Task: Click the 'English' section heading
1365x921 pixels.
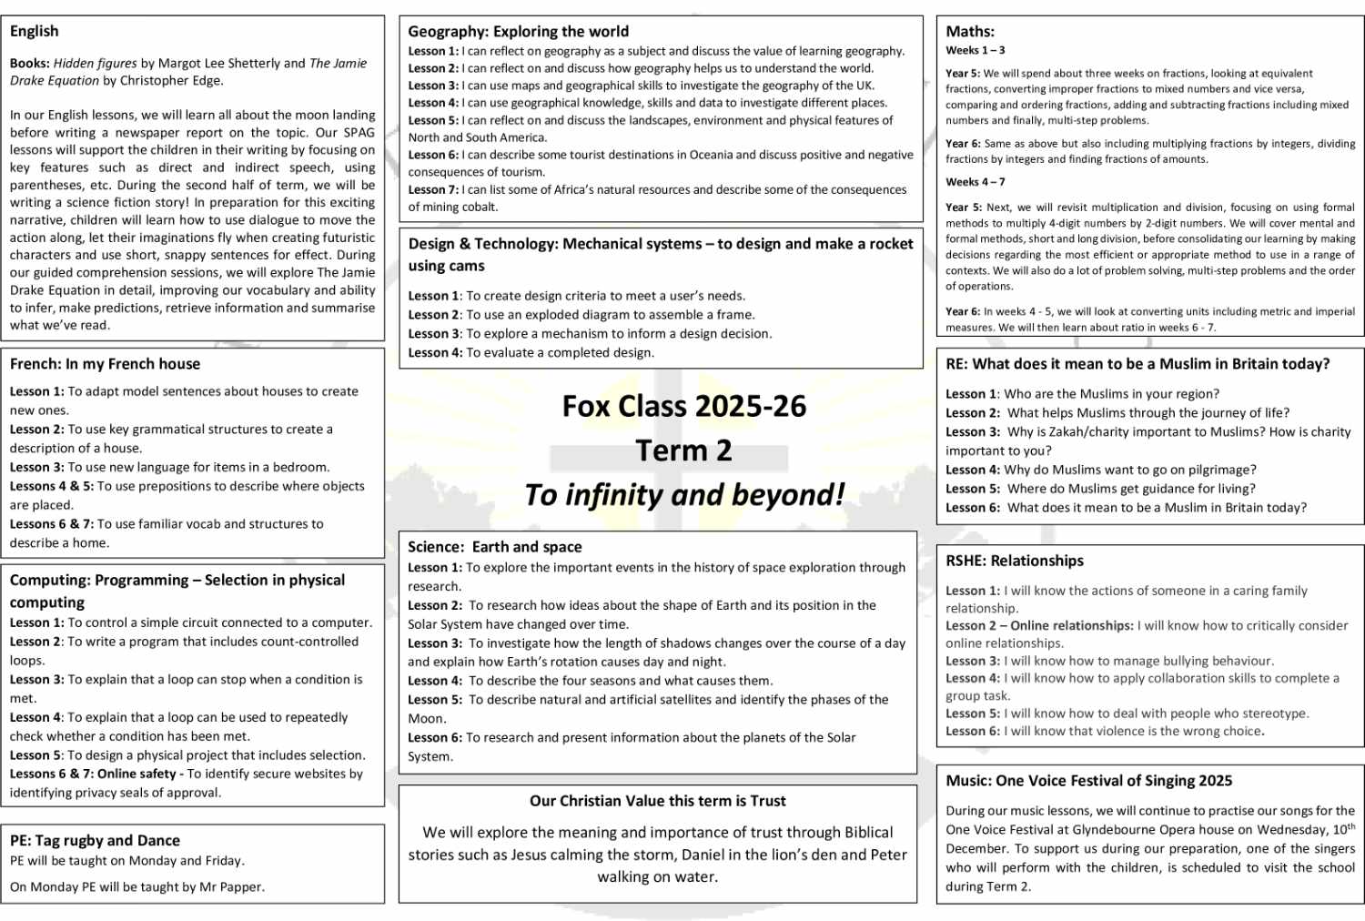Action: (x=35, y=31)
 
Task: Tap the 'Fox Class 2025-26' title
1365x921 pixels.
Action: (x=683, y=406)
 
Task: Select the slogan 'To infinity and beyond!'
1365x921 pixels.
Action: (x=683, y=495)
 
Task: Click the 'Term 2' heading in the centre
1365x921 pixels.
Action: (x=683, y=450)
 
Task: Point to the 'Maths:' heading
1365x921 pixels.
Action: (x=970, y=31)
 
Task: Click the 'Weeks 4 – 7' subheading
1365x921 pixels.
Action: (x=976, y=182)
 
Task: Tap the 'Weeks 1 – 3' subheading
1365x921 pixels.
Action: (x=976, y=51)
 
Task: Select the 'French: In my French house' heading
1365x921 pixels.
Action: (x=105, y=364)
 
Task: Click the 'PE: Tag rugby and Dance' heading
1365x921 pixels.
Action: (x=95, y=841)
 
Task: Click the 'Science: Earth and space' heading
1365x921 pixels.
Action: (x=494, y=547)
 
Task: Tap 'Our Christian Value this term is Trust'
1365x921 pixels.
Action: (x=657, y=801)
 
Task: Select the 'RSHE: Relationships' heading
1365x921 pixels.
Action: (x=1015, y=561)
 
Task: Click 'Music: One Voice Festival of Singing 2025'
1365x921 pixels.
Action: (x=1088, y=781)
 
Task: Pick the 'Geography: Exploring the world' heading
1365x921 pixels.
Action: (x=518, y=31)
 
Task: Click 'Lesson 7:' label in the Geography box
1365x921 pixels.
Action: (x=433, y=190)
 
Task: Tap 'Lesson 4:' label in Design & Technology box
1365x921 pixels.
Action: (x=435, y=353)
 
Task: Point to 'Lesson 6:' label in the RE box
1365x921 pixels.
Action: (x=972, y=508)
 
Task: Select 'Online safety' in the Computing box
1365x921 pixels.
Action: (x=136, y=774)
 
